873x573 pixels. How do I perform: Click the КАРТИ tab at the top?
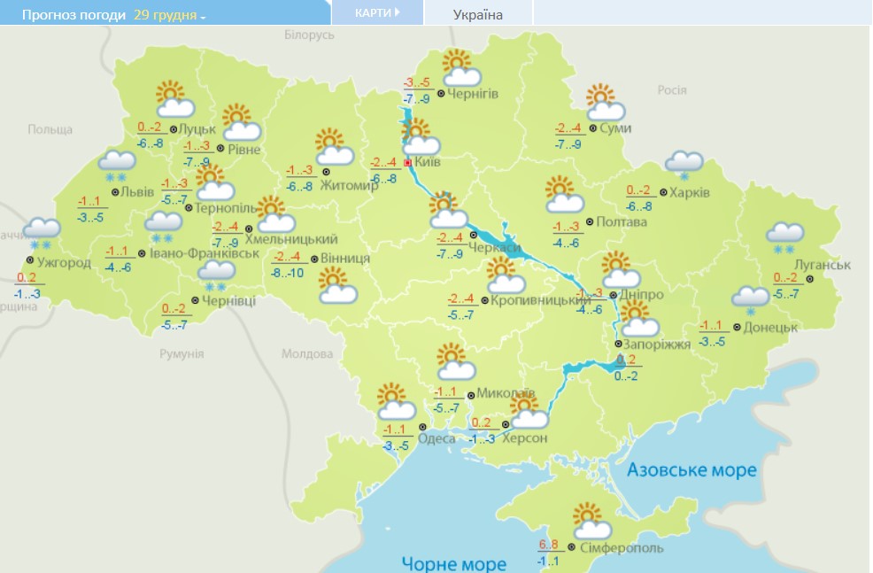tap(377, 12)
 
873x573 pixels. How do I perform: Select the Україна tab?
tap(477, 14)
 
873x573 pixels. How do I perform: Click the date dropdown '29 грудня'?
tap(168, 15)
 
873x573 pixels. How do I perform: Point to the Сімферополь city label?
tap(622, 548)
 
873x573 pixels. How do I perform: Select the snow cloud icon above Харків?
tap(683, 163)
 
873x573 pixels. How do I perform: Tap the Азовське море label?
tap(691, 469)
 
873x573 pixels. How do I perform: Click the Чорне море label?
tap(453, 563)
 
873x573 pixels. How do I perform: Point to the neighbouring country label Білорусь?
tap(309, 35)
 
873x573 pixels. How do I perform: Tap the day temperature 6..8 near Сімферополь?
tap(549, 545)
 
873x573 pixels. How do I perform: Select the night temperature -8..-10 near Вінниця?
tap(288, 273)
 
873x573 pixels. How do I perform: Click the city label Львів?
tap(138, 191)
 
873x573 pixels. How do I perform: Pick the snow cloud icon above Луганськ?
tap(784, 236)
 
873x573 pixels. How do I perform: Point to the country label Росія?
tap(672, 89)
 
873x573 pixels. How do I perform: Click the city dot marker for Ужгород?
tap(30, 261)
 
